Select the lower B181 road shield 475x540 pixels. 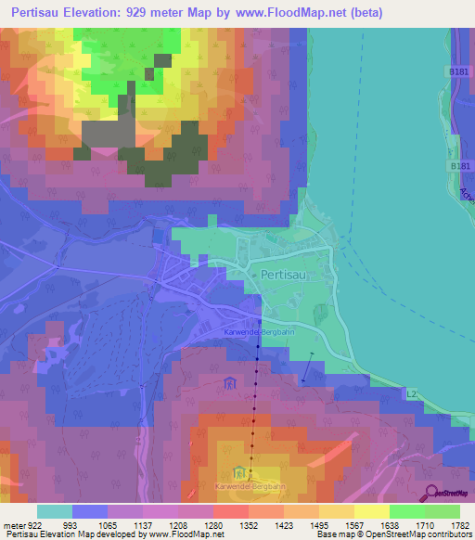[x=456, y=166]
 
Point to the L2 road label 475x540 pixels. [x=412, y=394]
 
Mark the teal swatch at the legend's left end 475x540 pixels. [x=54, y=512]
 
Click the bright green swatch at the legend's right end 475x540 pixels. [x=443, y=512]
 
